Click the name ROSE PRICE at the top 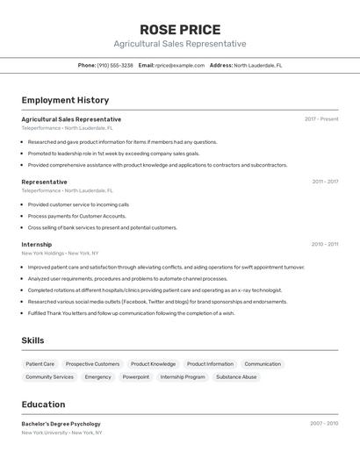(179, 29)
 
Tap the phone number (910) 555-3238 (115, 65)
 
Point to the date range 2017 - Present (321, 118)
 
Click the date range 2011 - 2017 (325, 182)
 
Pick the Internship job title (37, 245)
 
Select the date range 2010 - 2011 (325, 245)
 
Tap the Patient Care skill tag (40, 363)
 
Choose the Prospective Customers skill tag (92, 363)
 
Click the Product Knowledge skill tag (153, 363)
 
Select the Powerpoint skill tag (135, 376)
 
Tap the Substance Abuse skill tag (236, 376)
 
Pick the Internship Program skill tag (183, 376)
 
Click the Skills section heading (32, 340)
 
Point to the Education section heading (43, 404)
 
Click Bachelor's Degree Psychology (61, 424)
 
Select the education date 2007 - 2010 (324, 423)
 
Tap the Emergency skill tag (97, 376)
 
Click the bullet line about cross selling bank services (102, 227)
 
